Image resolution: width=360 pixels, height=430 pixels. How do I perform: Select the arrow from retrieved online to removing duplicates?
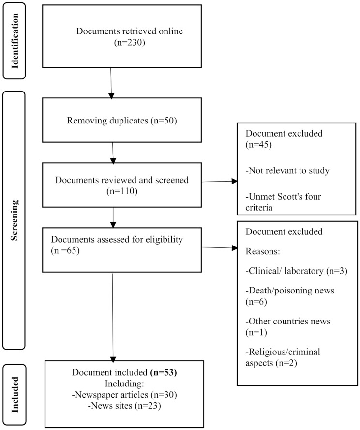[112, 83]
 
